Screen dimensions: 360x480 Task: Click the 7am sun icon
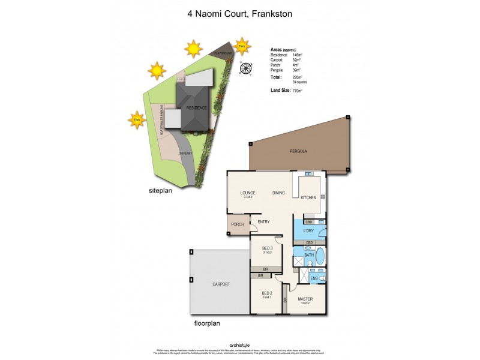242,46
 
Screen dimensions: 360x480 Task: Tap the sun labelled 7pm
137,120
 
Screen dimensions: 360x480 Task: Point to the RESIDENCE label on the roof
196,108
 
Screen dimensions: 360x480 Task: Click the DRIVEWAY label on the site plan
185,153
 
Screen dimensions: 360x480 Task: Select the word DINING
278,193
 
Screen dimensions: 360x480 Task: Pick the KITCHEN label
308,197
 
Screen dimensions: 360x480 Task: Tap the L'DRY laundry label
309,230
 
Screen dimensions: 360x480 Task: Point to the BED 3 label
267,248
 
